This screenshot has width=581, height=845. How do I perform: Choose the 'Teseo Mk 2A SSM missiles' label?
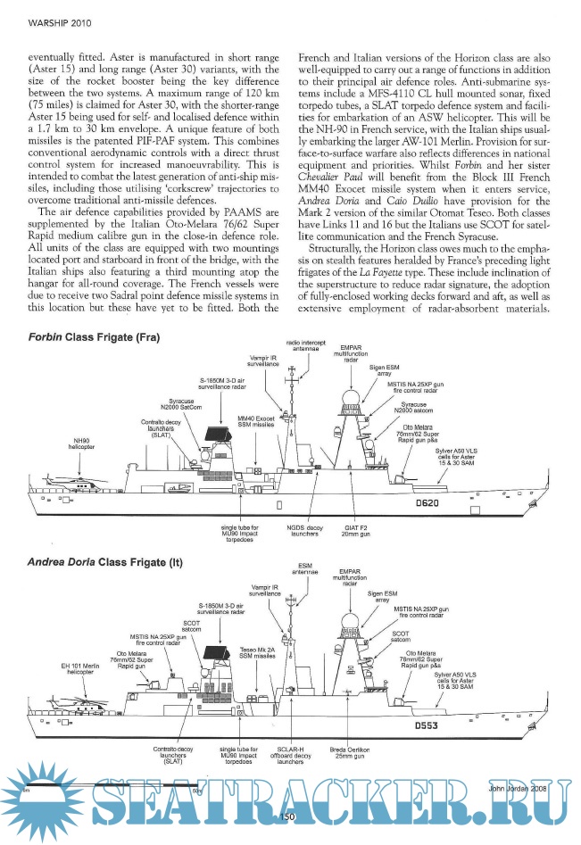click(257, 652)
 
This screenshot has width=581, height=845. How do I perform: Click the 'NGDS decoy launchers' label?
click(303, 533)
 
